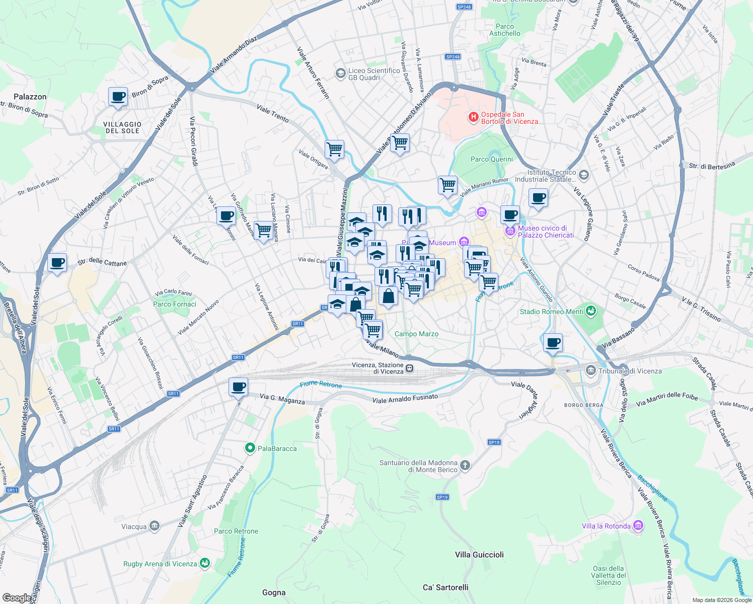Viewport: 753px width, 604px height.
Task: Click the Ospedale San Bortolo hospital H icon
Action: pyautogui.click(x=473, y=117)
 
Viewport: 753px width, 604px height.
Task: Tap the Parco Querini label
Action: pyautogui.click(x=491, y=159)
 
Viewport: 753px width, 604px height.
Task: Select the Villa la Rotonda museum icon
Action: pyautogui.click(x=638, y=526)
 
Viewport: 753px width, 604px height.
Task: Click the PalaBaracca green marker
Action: pyautogui.click(x=250, y=448)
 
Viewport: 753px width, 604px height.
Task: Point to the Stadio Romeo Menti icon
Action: pyautogui.click(x=591, y=311)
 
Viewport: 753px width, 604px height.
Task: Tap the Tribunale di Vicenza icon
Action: pyautogui.click(x=591, y=371)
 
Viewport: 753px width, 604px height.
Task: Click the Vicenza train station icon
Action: pyautogui.click(x=410, y=368)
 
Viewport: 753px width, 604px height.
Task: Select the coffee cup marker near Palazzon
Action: pyautogui.click(x=118, y=96)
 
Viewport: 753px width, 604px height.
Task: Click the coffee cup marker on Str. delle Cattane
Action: pyautogui.click(x=57, y=262)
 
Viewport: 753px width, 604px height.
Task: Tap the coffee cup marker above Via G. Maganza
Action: pyautogui.click(x=238, y=387)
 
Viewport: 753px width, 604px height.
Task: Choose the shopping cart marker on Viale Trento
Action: pyautogui.click(x=334, y=149)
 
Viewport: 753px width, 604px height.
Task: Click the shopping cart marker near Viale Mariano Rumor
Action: pyautogui.click(x=447, y=185)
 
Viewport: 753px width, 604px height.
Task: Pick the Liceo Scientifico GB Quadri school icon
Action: pyautogui.click(x=341, y=74)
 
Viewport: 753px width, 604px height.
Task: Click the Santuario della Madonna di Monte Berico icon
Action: pyautogui.click(x=465, y=466)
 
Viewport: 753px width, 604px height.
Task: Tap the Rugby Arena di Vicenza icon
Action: pyautogui.click(x=205, y=563)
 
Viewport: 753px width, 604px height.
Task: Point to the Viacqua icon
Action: pyautogui.click(x=155, y=526)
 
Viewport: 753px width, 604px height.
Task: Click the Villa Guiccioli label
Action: pyautogui.click(x=479, y=555)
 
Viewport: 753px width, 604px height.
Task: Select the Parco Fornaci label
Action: pyautogui.click(x=174, y=304)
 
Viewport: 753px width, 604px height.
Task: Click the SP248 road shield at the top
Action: pyautogui.click(x=464, y=7)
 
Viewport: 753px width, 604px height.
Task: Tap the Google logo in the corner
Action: pyautogui.click(x=17, y=598)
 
